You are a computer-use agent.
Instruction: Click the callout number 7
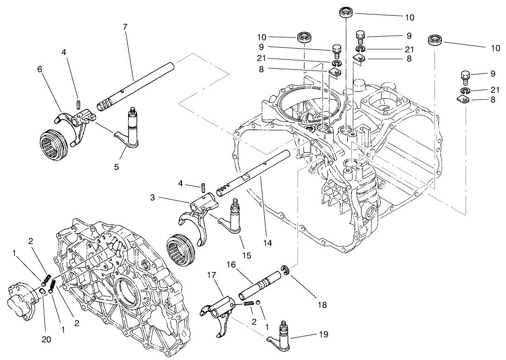coord(125,26)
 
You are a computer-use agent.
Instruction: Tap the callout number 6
coord(40,68)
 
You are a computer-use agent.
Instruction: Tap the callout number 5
coord(117,167)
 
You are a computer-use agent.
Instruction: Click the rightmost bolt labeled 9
coord(466,76)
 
